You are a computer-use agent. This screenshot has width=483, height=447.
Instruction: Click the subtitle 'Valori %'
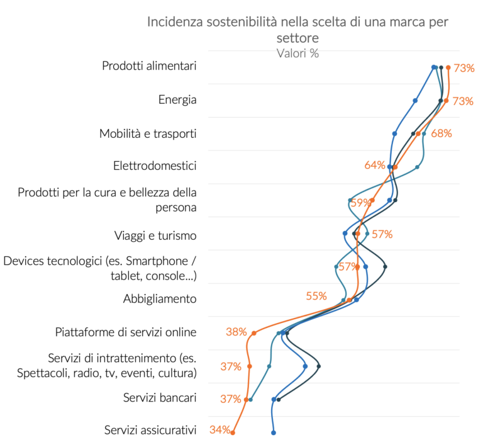click(297, 54)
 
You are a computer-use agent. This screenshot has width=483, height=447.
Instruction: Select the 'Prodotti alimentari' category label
click(149, 66)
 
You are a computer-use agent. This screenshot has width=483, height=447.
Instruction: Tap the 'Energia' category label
click(177, 100)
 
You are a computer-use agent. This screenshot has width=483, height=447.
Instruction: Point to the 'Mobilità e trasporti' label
click(148, 133)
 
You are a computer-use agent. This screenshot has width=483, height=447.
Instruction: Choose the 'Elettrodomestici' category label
click(155, 166)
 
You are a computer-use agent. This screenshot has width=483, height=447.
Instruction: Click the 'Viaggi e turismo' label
click(155, 235)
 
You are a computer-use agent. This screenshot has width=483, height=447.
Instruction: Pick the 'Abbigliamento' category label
click(160, 298)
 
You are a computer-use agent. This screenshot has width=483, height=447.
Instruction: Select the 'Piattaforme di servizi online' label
click(126, 332)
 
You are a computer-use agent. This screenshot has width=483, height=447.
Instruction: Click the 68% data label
click(441, 133)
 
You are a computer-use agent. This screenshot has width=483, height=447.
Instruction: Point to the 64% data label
click(375, 166)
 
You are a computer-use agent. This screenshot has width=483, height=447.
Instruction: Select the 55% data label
click(316, 296)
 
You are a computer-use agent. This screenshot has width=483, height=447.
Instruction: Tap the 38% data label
click(236, 332)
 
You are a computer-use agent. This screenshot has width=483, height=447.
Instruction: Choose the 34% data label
click(219, 431)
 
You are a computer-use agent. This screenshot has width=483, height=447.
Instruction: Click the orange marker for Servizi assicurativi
click(233, 433)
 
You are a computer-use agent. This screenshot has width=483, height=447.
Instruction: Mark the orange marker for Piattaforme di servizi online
click(254, 333)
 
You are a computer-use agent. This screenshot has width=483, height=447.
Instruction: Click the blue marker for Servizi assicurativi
click(274, 433)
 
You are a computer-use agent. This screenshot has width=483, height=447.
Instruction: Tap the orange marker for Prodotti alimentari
click(448, 67)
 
